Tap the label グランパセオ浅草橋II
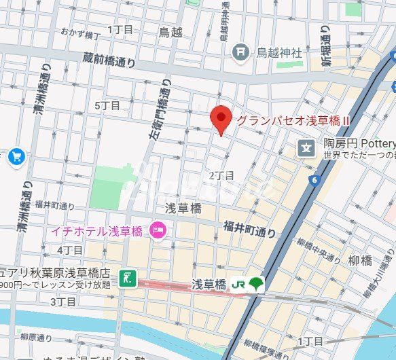(293, 120)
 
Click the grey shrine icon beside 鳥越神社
(240, 51)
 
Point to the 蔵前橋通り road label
(111, 60)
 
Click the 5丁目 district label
(107, 105)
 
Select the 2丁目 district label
(221, 176)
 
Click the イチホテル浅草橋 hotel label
(96, 231)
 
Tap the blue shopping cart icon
(16, 158)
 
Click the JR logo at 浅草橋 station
(238, 283)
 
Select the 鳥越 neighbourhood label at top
(170, 31)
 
